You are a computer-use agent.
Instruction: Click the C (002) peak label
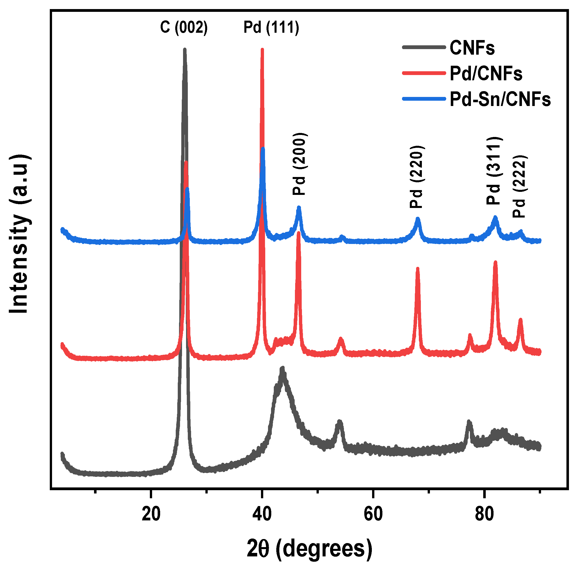tap(184, 27)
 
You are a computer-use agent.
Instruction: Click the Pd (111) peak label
tap(271, 27)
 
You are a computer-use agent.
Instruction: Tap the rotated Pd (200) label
tap(299, 164)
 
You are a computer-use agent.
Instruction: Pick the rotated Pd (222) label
tap(520, 187)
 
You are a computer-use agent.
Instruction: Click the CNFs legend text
tap(472, 48)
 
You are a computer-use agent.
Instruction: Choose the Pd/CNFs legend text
tap(486, 74)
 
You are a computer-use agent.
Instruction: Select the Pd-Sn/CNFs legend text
tap(500, 99)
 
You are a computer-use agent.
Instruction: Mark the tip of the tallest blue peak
tap(263, 149)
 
